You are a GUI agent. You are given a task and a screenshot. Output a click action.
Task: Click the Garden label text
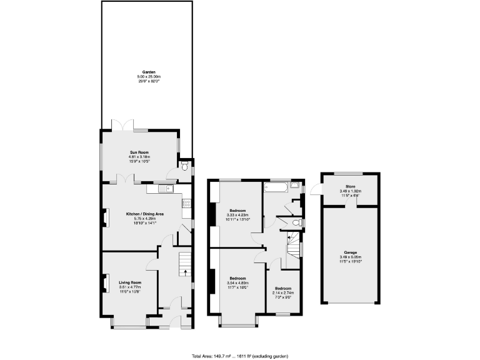point(148,72)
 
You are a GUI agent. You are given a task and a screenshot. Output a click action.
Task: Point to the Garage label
point(350,252)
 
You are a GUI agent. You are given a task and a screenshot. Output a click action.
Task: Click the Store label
point(351,186)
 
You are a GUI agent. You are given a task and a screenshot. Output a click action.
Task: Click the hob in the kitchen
point(186,202)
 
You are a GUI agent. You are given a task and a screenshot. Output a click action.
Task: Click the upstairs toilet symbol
point(297,222)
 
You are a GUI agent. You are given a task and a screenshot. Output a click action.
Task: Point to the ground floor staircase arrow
point(185,270)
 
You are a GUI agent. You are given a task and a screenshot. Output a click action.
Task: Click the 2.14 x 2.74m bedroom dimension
point(282,292)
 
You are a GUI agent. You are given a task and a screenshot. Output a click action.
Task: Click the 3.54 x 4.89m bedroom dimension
point(238,282)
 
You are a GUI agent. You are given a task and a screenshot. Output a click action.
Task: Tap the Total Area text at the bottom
point(239,354)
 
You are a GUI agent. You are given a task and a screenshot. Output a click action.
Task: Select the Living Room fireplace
point(104,282)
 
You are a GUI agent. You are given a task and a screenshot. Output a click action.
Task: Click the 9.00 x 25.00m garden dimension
point(148,76)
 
